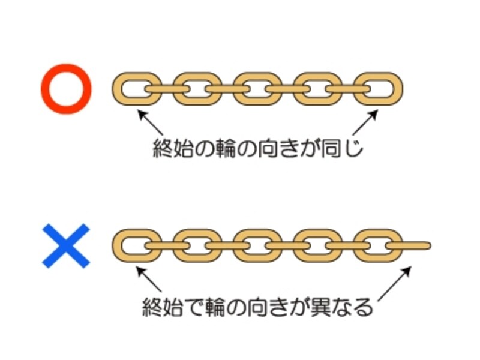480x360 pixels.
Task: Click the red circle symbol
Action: click(66, 89)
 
